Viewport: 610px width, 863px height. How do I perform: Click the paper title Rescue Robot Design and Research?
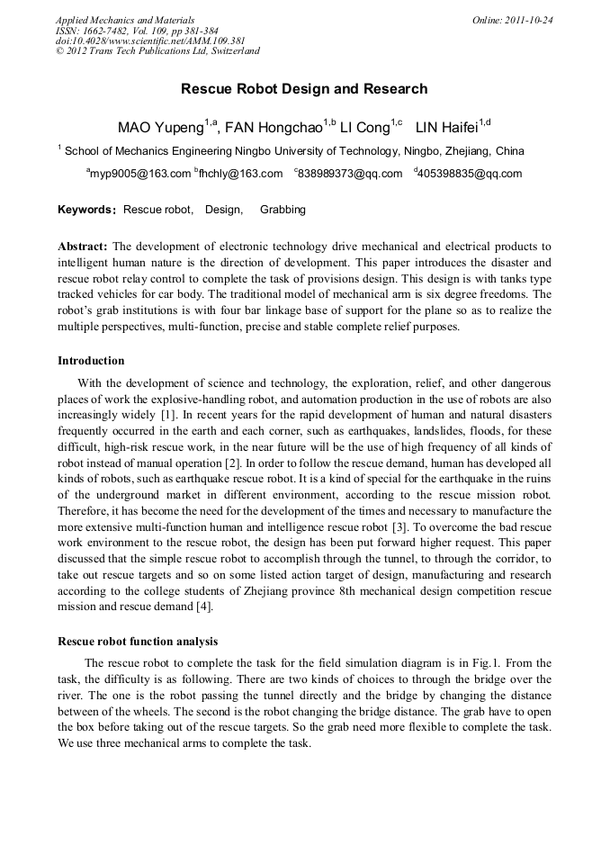pyautogui.click(x=304, y=89)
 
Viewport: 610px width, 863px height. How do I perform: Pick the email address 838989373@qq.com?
pyautogui.click(x=350, y=174)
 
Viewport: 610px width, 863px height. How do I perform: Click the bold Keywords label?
pyautogui.click(x=86, y=210)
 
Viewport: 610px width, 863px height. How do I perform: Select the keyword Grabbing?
pyautogui.click(x=283, y=210)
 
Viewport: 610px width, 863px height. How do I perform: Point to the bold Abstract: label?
pyautogui.click(x=83, y=246)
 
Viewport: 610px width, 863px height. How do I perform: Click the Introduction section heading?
pyautogui.click(x=91, y=361)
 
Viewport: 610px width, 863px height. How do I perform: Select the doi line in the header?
pyautogui.click(x=149, y=40)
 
